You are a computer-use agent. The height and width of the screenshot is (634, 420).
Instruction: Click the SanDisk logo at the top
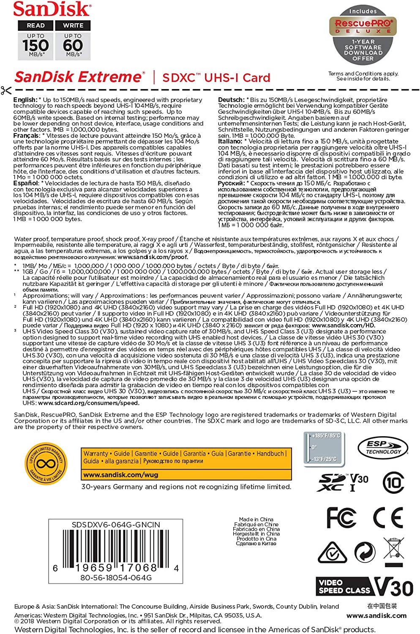click(x=52, y=9)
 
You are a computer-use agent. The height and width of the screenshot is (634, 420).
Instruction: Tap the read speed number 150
click(x=35, y=45)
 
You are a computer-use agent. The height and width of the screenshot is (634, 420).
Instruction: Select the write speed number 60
click(x=73, y=45)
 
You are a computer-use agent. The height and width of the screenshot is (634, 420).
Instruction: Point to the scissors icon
click(x=6, y=90)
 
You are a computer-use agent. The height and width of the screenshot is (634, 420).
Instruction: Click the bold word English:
click(x=25, y=100)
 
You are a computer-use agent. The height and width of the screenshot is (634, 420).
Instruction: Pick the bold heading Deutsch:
click(x=231, y=100)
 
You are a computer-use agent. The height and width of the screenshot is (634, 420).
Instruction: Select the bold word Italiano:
click(x=230, y=141)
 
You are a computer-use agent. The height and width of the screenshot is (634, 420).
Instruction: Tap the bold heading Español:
click(x=26, y=183)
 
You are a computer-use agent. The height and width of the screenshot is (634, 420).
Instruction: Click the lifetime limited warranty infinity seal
click(x=46, y=464)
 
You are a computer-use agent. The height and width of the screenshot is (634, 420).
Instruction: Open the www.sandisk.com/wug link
click(x=121, y=475)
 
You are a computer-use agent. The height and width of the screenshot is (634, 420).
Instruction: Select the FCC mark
click(x=341, y=517)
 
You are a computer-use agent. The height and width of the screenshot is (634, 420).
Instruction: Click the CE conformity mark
click(x=388, y=517)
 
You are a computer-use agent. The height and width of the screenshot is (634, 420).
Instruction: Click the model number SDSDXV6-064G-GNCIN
click(x=116, y=525)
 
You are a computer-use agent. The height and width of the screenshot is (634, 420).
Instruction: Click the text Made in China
click(x=256, y=519)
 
